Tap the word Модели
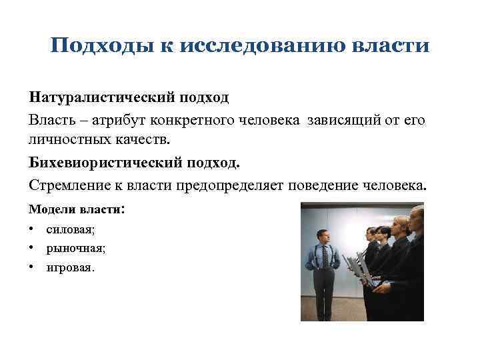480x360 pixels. (x=51, y=209)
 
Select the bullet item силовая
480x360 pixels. (x=71, y=229)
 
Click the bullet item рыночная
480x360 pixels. (x=75, y=249)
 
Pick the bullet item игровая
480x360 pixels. (x=71, y=268)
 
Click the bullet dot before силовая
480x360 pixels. (x=32, y=229)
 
